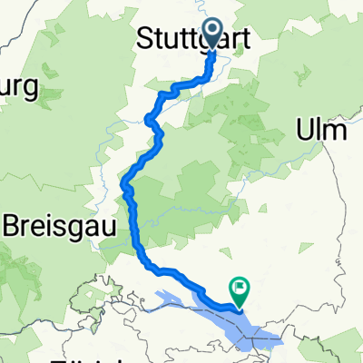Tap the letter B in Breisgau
[x=15, y=225]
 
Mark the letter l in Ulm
[x=320, y=131]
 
